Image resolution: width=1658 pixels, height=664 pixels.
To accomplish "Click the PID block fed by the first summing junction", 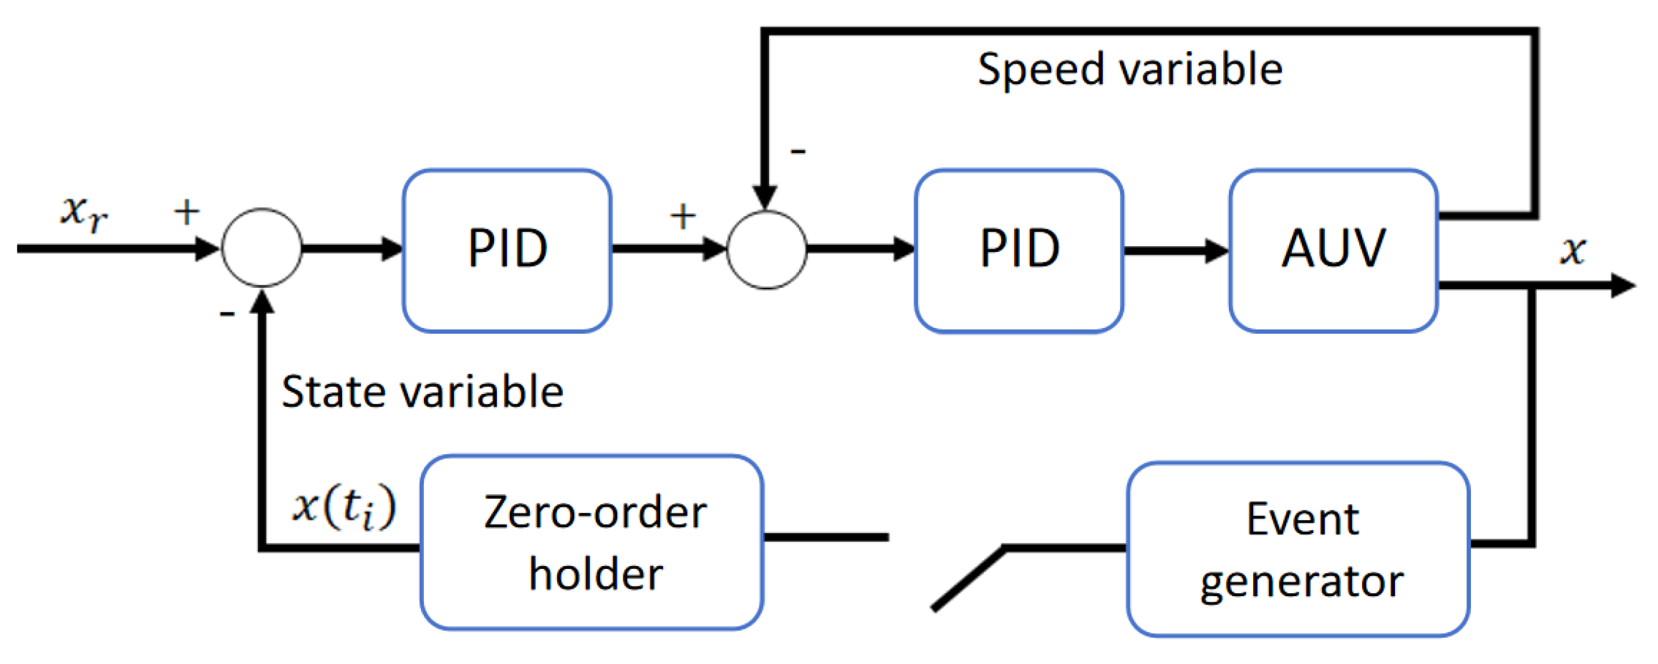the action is click(x=507, y=251).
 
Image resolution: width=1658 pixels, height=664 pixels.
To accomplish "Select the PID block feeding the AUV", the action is click(x=1019, y=251).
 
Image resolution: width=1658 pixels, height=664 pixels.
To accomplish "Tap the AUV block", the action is click(x=1334, y=251).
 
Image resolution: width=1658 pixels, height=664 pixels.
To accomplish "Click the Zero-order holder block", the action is click(x=592, y=543).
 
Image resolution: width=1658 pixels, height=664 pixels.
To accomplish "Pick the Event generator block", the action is click(x=1299, y=549).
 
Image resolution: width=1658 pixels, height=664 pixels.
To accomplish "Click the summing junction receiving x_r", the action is click(x=261, y=247).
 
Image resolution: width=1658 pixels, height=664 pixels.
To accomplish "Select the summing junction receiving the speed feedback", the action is click(x=767, y=249).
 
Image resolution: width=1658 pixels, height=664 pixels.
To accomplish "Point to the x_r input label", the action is click(x=83, y=212).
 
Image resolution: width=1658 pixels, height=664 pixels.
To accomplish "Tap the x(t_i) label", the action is click(x=345, y=507).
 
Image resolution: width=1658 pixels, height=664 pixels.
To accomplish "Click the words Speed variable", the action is click(x=1130, y=70).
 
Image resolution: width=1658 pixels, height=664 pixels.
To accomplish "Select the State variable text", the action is click(x=422, y=392).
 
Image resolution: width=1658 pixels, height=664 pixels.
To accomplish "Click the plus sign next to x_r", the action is click(x=186, y=212).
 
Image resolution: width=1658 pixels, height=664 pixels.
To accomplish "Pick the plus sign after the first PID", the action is click(x=683, y=216).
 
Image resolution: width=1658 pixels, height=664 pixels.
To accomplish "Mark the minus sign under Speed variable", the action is click(x=798, y=151).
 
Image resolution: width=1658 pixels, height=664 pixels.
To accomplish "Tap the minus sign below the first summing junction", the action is click(x=227, y=314).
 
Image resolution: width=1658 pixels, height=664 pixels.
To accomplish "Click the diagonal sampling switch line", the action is click(x=969, y=578).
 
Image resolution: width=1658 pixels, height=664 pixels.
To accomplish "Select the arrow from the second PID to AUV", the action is click(x=1177, y=250).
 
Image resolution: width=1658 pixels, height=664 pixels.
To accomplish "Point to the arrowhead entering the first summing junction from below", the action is click(x=262, y=301).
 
